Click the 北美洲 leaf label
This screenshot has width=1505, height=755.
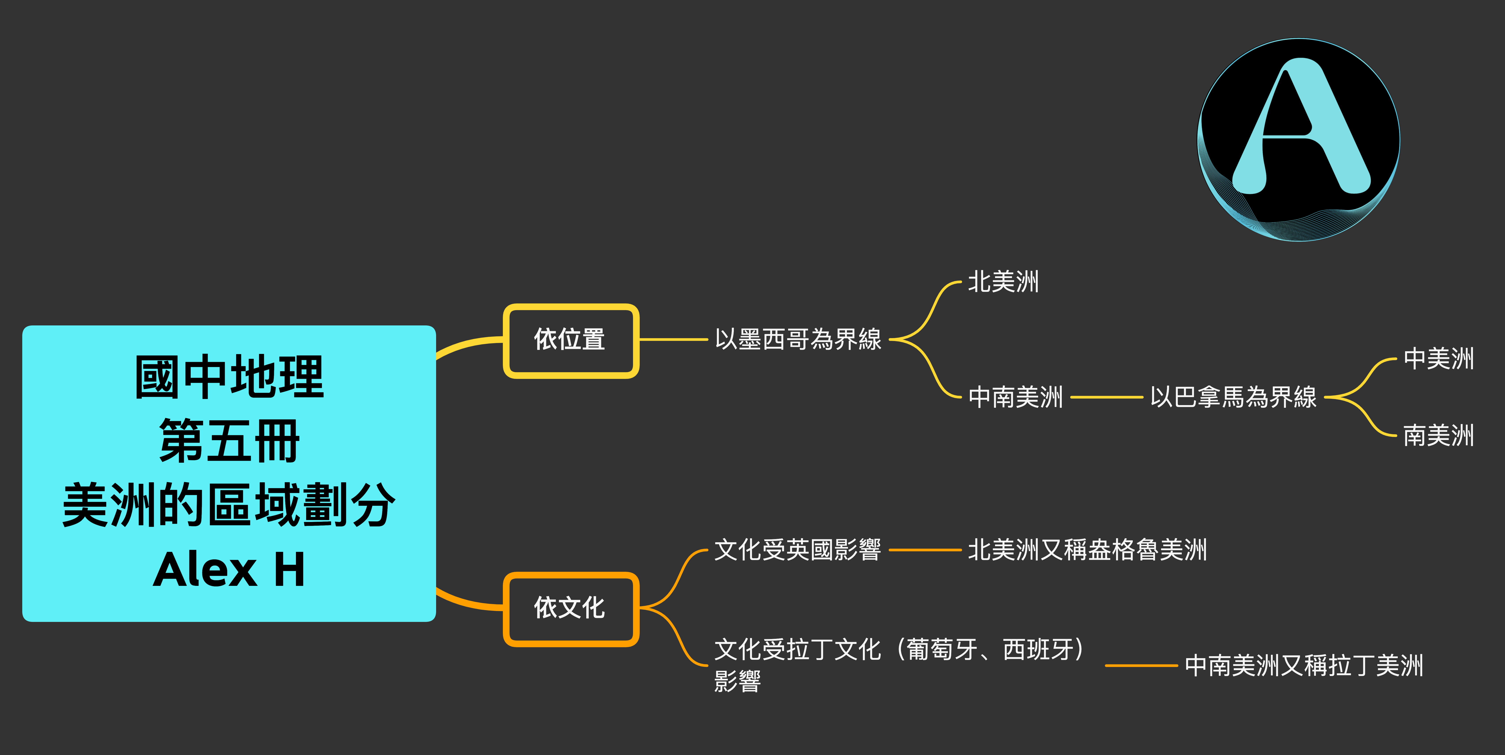click(x=1003, y=282)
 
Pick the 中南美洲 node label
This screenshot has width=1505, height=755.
click(x=1015, y=397)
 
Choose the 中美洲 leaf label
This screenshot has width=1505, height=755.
click(x=1438, y=359)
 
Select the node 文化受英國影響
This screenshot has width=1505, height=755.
click(x=797, y=550)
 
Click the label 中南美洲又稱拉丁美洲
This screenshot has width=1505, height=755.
click(x=1304, y=666)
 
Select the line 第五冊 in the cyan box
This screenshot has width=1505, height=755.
click(x=229, y=441)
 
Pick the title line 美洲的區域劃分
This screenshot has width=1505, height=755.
click(x=229, y=505)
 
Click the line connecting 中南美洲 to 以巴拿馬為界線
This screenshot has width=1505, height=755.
click(x=1106, y=397)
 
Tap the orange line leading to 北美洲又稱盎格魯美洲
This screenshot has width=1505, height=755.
click(x=925, y=550)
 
